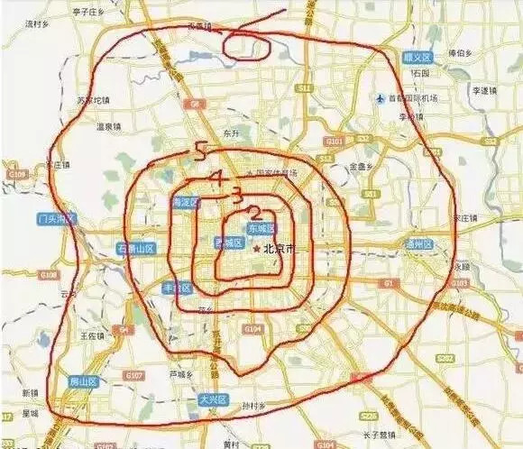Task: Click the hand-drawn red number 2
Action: pyautogui.click(x=255, y=214)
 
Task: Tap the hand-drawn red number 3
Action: pyautogui.click(x=236, y=194)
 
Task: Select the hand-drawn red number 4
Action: pyautogui.click(x=216, y=178)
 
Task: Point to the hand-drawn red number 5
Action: pyautogui.click(x=200, y=152)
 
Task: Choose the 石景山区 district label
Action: pyautogui.click(x=136, y=248)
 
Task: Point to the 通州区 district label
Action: pyautogui.click(x=419, y=244)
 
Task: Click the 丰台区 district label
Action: pyautogui.click(x=177, y=288)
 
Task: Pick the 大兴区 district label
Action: pyautogui.click(x=213, y=399)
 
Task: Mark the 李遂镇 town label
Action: pyautogui.click(x=485, y=91)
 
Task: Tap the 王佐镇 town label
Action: pyautogui.click(x=94, y=335)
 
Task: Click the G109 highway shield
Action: pyautogui.click(x=16, y=173)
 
